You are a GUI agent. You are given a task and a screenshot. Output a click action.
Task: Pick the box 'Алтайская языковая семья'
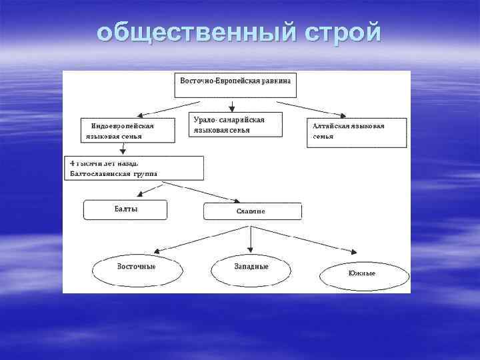357,132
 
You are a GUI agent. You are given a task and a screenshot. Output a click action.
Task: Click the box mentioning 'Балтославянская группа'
134,168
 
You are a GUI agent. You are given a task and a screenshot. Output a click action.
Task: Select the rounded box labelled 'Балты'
124,209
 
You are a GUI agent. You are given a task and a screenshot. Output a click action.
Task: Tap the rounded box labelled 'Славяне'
252,211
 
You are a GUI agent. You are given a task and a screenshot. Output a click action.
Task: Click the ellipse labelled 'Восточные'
137,267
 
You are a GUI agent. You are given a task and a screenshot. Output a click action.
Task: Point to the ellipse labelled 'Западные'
251,267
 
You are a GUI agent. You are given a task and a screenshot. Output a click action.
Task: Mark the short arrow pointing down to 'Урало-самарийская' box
231,105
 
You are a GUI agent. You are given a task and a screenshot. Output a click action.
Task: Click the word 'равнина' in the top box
275,79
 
